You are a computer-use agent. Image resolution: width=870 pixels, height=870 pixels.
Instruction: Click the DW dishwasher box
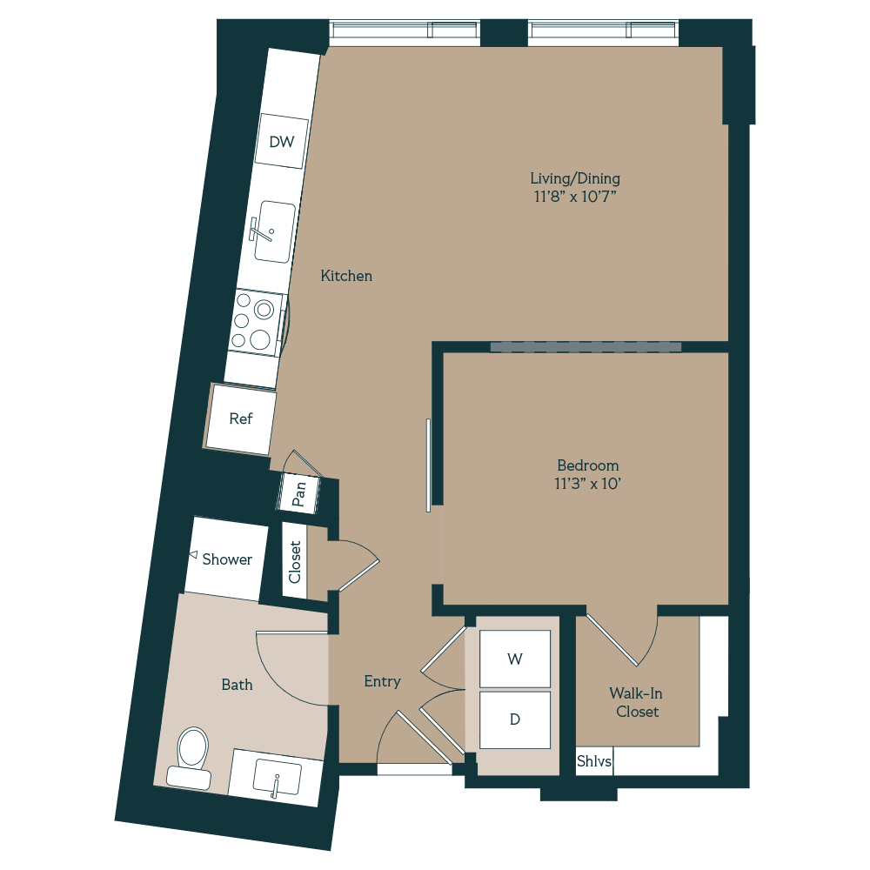pyautogui.click(x=281, y=142)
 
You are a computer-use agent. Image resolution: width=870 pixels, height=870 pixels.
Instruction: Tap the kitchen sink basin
pyautogui.click(x=273, y=231)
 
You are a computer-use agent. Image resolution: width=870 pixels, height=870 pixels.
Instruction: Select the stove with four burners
pyautogui.click(x=258, y=323)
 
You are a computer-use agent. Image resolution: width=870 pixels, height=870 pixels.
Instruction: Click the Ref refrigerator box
pyautogui.click(x=240, y=418)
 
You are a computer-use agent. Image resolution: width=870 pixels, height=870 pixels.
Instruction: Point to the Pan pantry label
pyautogui.click(x=299, y=495)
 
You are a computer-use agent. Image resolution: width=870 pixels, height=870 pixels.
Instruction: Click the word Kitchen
pyautogui.click(x=346, y=276)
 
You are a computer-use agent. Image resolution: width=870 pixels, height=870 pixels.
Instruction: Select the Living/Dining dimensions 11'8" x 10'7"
pyautogui.click(x=575, y=197)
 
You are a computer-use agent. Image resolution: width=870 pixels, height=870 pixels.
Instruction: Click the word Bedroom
pyautogui.click(x=588, y=465)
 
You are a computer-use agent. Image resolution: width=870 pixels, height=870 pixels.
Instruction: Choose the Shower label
pyautogui.click(x=227, y=559)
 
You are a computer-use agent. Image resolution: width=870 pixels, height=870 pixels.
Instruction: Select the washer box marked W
pyautogui.click(x=515, y=659)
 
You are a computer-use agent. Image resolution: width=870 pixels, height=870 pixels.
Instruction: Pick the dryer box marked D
pyautogui.click(x=515, y=719)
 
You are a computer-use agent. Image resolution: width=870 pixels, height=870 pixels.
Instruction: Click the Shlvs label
pyautogui.click(x=594, y=762)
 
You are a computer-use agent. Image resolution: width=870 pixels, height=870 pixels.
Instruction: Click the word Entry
pyautogui.click(x=382, y=681)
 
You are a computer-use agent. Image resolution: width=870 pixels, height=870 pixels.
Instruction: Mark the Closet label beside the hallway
pyautogui.click(x=295, y=562)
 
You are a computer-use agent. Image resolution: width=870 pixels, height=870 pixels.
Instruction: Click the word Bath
pyautogui.click(x=237, y=685)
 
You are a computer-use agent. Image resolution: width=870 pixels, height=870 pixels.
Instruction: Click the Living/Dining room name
pyautogui.click(x=575, y=178)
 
